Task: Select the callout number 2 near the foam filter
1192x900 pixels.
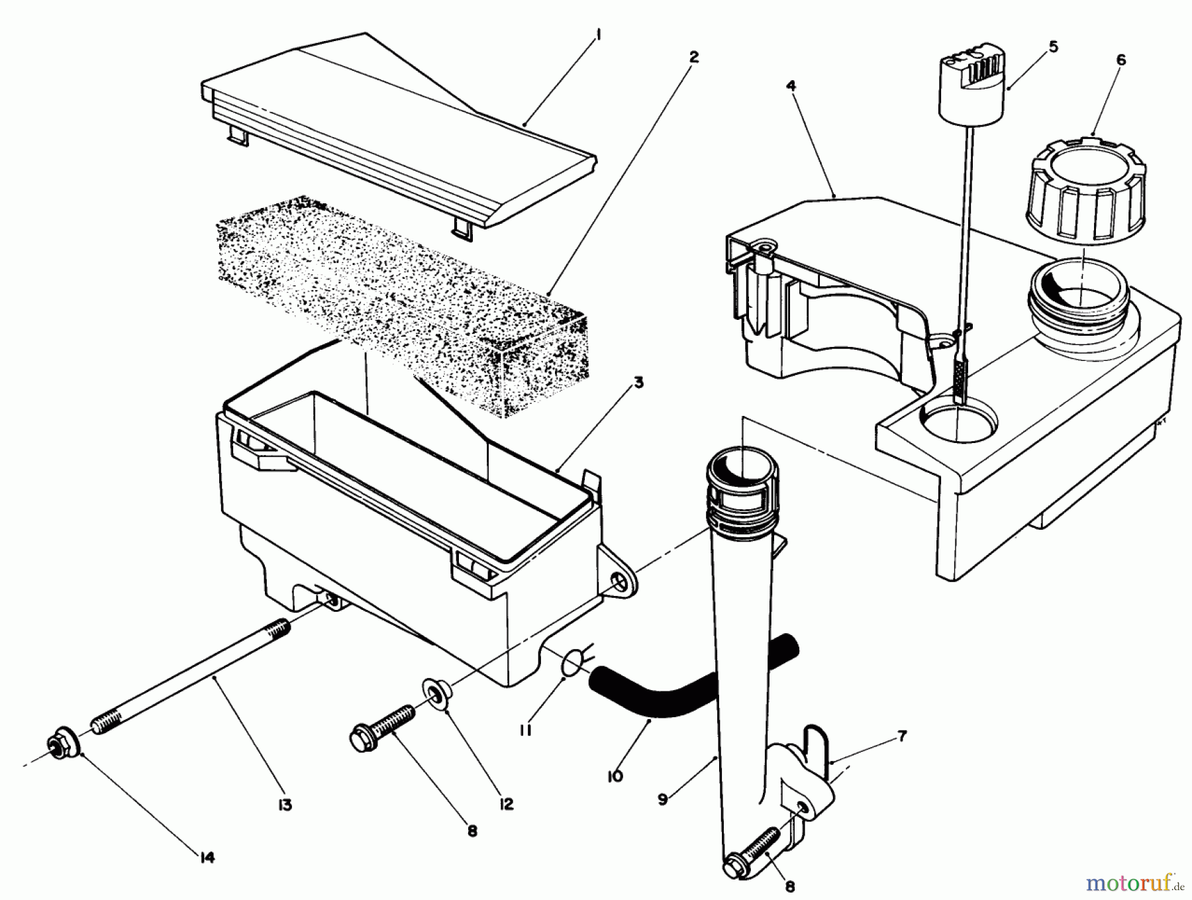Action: (693, 58)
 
